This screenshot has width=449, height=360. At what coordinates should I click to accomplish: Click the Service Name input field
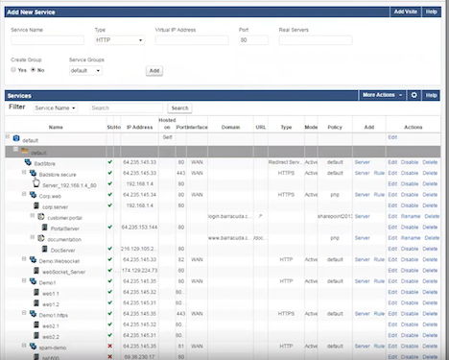[47, 41]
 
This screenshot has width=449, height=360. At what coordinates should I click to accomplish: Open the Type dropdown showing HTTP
[120, 41]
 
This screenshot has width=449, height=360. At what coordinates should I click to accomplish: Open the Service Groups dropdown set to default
[90, 70]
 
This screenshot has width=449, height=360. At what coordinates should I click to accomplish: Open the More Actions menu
[381, 96]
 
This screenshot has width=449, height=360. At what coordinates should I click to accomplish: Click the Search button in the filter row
[179, 108]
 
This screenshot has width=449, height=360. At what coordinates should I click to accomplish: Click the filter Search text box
[127, 108]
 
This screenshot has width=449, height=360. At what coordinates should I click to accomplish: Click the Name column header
[55, 127]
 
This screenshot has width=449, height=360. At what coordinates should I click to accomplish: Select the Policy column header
[335, 127]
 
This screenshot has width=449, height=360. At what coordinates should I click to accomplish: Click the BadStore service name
[43, 163]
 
